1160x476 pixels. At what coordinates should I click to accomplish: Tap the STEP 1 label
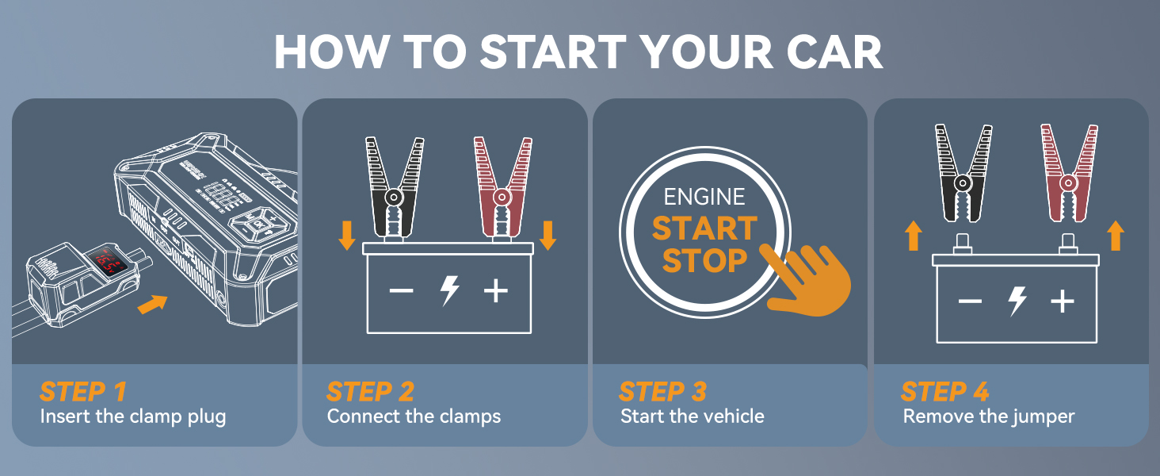(x=82, y=391)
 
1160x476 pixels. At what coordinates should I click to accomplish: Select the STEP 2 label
(x=370, y=391)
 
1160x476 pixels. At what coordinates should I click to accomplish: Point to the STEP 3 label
(x=662, y=391)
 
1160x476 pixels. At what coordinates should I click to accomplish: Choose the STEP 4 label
(x=944, y=391)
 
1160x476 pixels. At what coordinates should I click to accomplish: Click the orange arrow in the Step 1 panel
(x=152, y=303)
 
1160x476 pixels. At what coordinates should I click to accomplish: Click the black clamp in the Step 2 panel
(x=393, y=187)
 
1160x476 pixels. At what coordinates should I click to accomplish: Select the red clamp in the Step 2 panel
(x=501, y=187)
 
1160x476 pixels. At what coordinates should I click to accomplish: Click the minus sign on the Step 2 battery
(x=401, y=291)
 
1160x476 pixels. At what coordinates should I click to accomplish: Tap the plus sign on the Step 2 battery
(x=496, y=291)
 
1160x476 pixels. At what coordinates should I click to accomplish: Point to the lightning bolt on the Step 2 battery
(x=449, y=291)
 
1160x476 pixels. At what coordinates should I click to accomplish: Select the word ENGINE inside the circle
(x=704, y=197)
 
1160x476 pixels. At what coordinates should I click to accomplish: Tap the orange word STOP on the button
(x=704, y=260)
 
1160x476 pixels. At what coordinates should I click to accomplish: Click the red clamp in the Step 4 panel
(x=1069, y=173)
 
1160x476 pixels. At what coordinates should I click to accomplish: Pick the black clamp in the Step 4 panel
(x=963, y=173)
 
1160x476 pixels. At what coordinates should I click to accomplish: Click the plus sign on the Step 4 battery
(x=1062, y=301)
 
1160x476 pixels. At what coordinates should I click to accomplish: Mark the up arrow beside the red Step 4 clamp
(x=1116, y=236)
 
